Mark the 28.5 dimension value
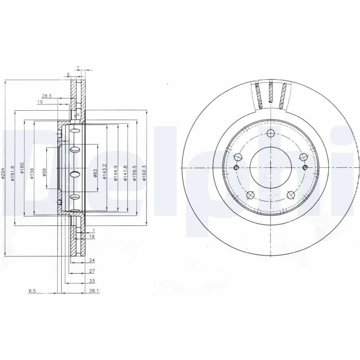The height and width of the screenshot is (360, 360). coord(47,96)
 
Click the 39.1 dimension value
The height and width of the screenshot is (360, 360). coord(94,291)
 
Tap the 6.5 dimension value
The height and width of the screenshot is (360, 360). coord(32,291)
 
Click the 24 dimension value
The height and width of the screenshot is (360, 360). coord(91,260)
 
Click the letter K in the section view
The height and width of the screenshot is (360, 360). coord(78,116)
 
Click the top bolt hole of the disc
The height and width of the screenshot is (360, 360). coord(270,133)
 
